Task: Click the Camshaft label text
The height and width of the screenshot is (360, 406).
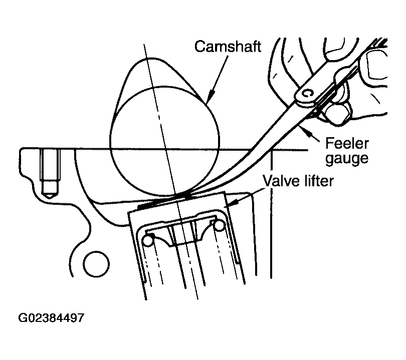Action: tap(228, 47)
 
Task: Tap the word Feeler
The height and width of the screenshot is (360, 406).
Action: tap(347, 143)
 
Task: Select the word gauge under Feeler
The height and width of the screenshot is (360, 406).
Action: tap(347, 158)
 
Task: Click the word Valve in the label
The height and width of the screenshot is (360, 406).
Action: tap(281, 181)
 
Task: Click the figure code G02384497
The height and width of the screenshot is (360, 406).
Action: tap(51, 318)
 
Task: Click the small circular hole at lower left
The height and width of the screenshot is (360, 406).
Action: tap(96, 264)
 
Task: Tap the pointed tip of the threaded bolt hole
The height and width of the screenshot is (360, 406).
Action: tap(49, 198)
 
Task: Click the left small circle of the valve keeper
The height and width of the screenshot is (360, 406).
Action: tap(148, 240)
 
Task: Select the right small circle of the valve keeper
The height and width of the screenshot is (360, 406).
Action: tap(219, 225)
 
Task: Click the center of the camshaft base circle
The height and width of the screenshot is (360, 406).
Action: tap(165, 141)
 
